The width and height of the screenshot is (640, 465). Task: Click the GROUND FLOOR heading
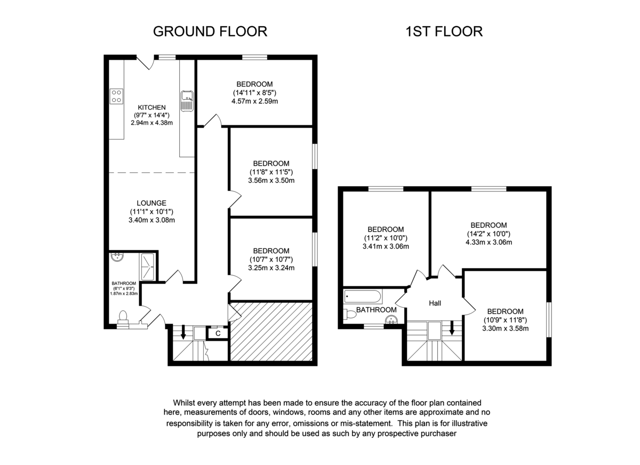(x=210, y=31)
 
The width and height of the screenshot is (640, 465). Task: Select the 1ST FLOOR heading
(x=444, y=31)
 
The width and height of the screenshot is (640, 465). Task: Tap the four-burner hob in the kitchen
(x=116, y=96)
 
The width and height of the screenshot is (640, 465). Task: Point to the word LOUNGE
(x=151, y=203)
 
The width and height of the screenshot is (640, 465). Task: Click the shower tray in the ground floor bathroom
(x=147, y=266)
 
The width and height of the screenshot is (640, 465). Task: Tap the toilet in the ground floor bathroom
(x=123, y=317)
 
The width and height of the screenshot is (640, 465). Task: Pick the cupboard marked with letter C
(x=218, y=333)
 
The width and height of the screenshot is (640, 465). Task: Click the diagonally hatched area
(x=270, y=332)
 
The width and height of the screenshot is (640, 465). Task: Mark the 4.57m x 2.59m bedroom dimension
(x=255, y=101)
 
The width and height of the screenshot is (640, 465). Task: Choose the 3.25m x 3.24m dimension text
(x=271, y=268)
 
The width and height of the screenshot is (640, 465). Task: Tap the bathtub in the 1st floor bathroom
(x=363, y=296)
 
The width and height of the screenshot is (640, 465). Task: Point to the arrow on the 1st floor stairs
(x=452, y=330)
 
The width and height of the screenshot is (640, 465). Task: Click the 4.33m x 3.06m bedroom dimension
(x=489, y=242)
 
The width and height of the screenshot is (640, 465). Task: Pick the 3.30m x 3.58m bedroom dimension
(x=505, y=328)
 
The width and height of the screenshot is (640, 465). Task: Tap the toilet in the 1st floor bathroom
(x=350, y=314)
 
